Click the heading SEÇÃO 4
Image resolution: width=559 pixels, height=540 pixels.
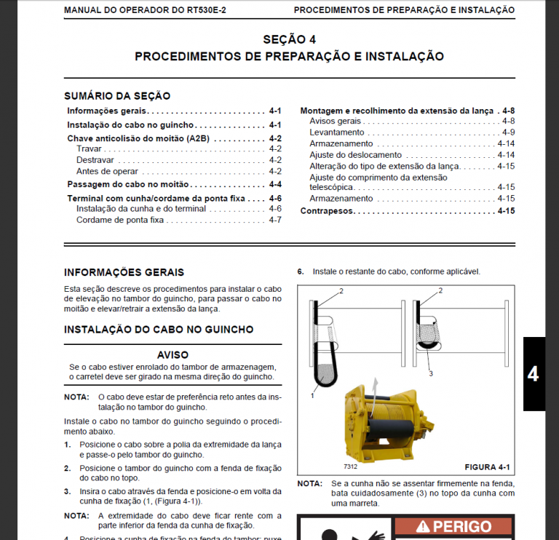click(289, 39)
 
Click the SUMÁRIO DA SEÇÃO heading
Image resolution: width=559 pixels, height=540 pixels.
click(117, 95)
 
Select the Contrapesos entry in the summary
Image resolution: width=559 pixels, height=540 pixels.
click(328, 211)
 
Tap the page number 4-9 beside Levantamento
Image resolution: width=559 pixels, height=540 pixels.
click(508, 132)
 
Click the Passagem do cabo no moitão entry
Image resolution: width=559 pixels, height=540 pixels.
click(118, 185)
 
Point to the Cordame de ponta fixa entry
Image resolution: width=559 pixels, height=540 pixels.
click(119, 220)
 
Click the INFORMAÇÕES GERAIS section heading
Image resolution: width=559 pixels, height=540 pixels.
click(124, 272)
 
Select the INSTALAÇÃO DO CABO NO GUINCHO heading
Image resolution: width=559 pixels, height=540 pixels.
click(159, 329)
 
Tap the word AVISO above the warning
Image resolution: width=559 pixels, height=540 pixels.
click(173, 355)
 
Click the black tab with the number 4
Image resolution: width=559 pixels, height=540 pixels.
click(533, 374)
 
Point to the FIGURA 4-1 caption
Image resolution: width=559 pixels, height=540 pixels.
click(487, 466)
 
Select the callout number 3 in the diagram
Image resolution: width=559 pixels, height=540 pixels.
click(431, 373)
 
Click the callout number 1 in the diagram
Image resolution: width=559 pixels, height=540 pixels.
click(312, 396)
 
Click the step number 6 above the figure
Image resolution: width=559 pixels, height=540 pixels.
click(300, 271)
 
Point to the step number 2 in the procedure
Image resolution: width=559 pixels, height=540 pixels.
click(67, 468)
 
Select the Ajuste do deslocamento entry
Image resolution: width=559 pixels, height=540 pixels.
click(355, 155)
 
